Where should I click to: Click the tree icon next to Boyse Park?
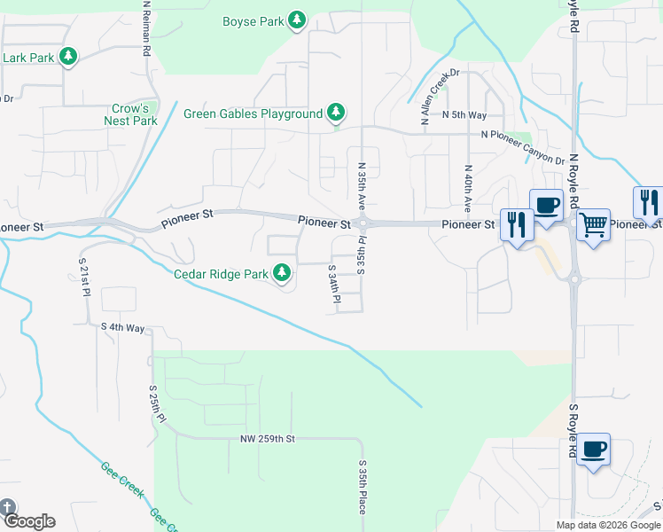tap(298, 20)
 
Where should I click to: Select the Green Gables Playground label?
tap(253, 113)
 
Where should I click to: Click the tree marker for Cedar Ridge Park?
tap(282, 273)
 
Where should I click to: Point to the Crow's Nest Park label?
tap(130, 114)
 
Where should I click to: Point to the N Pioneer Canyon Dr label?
tap(522, 135)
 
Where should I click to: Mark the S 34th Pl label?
tap(334, 286)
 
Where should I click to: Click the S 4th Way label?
tap(122, 327)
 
